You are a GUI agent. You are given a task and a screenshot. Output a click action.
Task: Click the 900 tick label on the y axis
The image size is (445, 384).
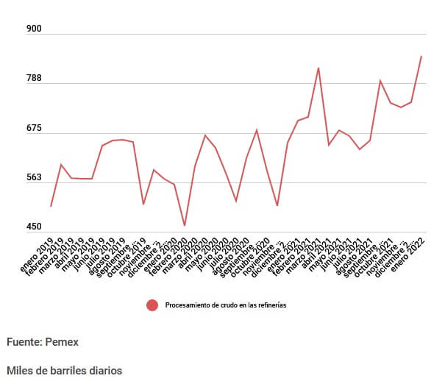35,29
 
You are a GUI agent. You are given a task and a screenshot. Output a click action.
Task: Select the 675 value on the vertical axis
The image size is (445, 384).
35,129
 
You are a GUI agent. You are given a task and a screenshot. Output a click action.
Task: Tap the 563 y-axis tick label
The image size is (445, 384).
35,178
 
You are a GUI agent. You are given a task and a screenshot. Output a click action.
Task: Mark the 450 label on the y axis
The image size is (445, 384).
35,227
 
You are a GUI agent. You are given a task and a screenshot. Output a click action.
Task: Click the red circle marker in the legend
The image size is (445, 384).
152,305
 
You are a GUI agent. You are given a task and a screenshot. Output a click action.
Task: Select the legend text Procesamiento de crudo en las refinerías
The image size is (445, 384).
225,305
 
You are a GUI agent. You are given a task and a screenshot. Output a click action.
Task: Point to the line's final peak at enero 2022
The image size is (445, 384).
421,56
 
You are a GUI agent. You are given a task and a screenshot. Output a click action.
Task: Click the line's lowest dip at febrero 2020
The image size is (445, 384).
185,225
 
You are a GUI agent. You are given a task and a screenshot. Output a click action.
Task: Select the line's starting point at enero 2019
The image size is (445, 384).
51,206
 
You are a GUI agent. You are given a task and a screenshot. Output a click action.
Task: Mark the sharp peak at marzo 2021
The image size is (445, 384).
318,68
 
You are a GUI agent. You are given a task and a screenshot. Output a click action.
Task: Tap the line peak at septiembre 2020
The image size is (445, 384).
256,130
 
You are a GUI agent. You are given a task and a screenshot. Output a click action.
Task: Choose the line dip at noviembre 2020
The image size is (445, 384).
277,206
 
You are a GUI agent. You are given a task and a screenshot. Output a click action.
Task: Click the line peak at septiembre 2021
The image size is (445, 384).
380,81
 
